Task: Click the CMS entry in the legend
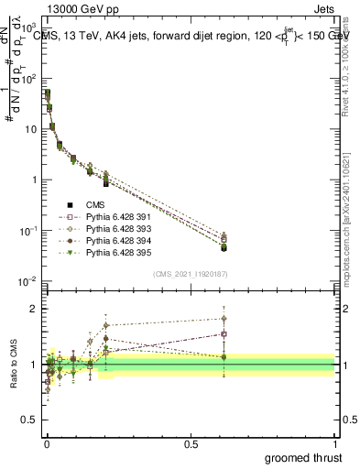[x=95, y=205]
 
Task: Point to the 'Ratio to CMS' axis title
[x=14, y=363]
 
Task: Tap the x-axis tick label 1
[x=336, y=444]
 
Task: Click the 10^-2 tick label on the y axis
[x=31, y=280]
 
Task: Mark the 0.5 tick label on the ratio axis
[x=33, y=420]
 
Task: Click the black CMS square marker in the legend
[x=70, y=205]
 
